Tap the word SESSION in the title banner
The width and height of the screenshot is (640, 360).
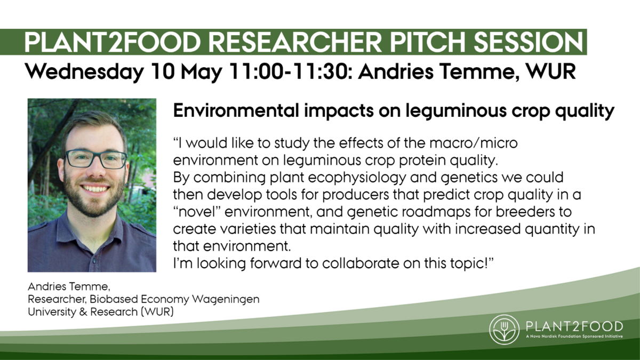529,42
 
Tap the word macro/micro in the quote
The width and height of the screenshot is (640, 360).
474,143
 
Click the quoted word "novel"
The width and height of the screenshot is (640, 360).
197,212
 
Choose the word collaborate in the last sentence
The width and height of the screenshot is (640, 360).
361,263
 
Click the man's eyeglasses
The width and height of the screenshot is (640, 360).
97,159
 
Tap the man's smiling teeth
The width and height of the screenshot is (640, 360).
95,189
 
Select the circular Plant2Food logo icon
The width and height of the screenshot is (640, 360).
505,330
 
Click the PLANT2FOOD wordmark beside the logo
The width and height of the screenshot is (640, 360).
574,326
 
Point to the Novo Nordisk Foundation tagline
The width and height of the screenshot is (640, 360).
574,337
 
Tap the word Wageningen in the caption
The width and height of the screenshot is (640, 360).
226,300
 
